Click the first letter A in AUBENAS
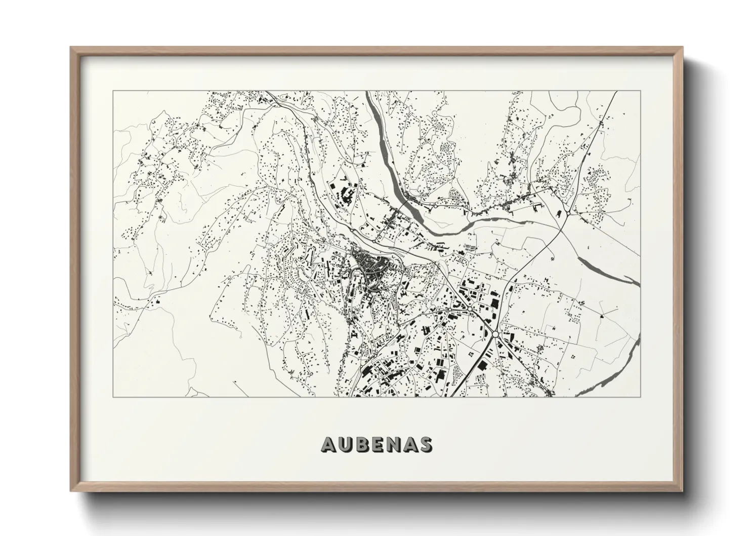[x=328, y=444]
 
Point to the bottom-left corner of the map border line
[x=113, y=397]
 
